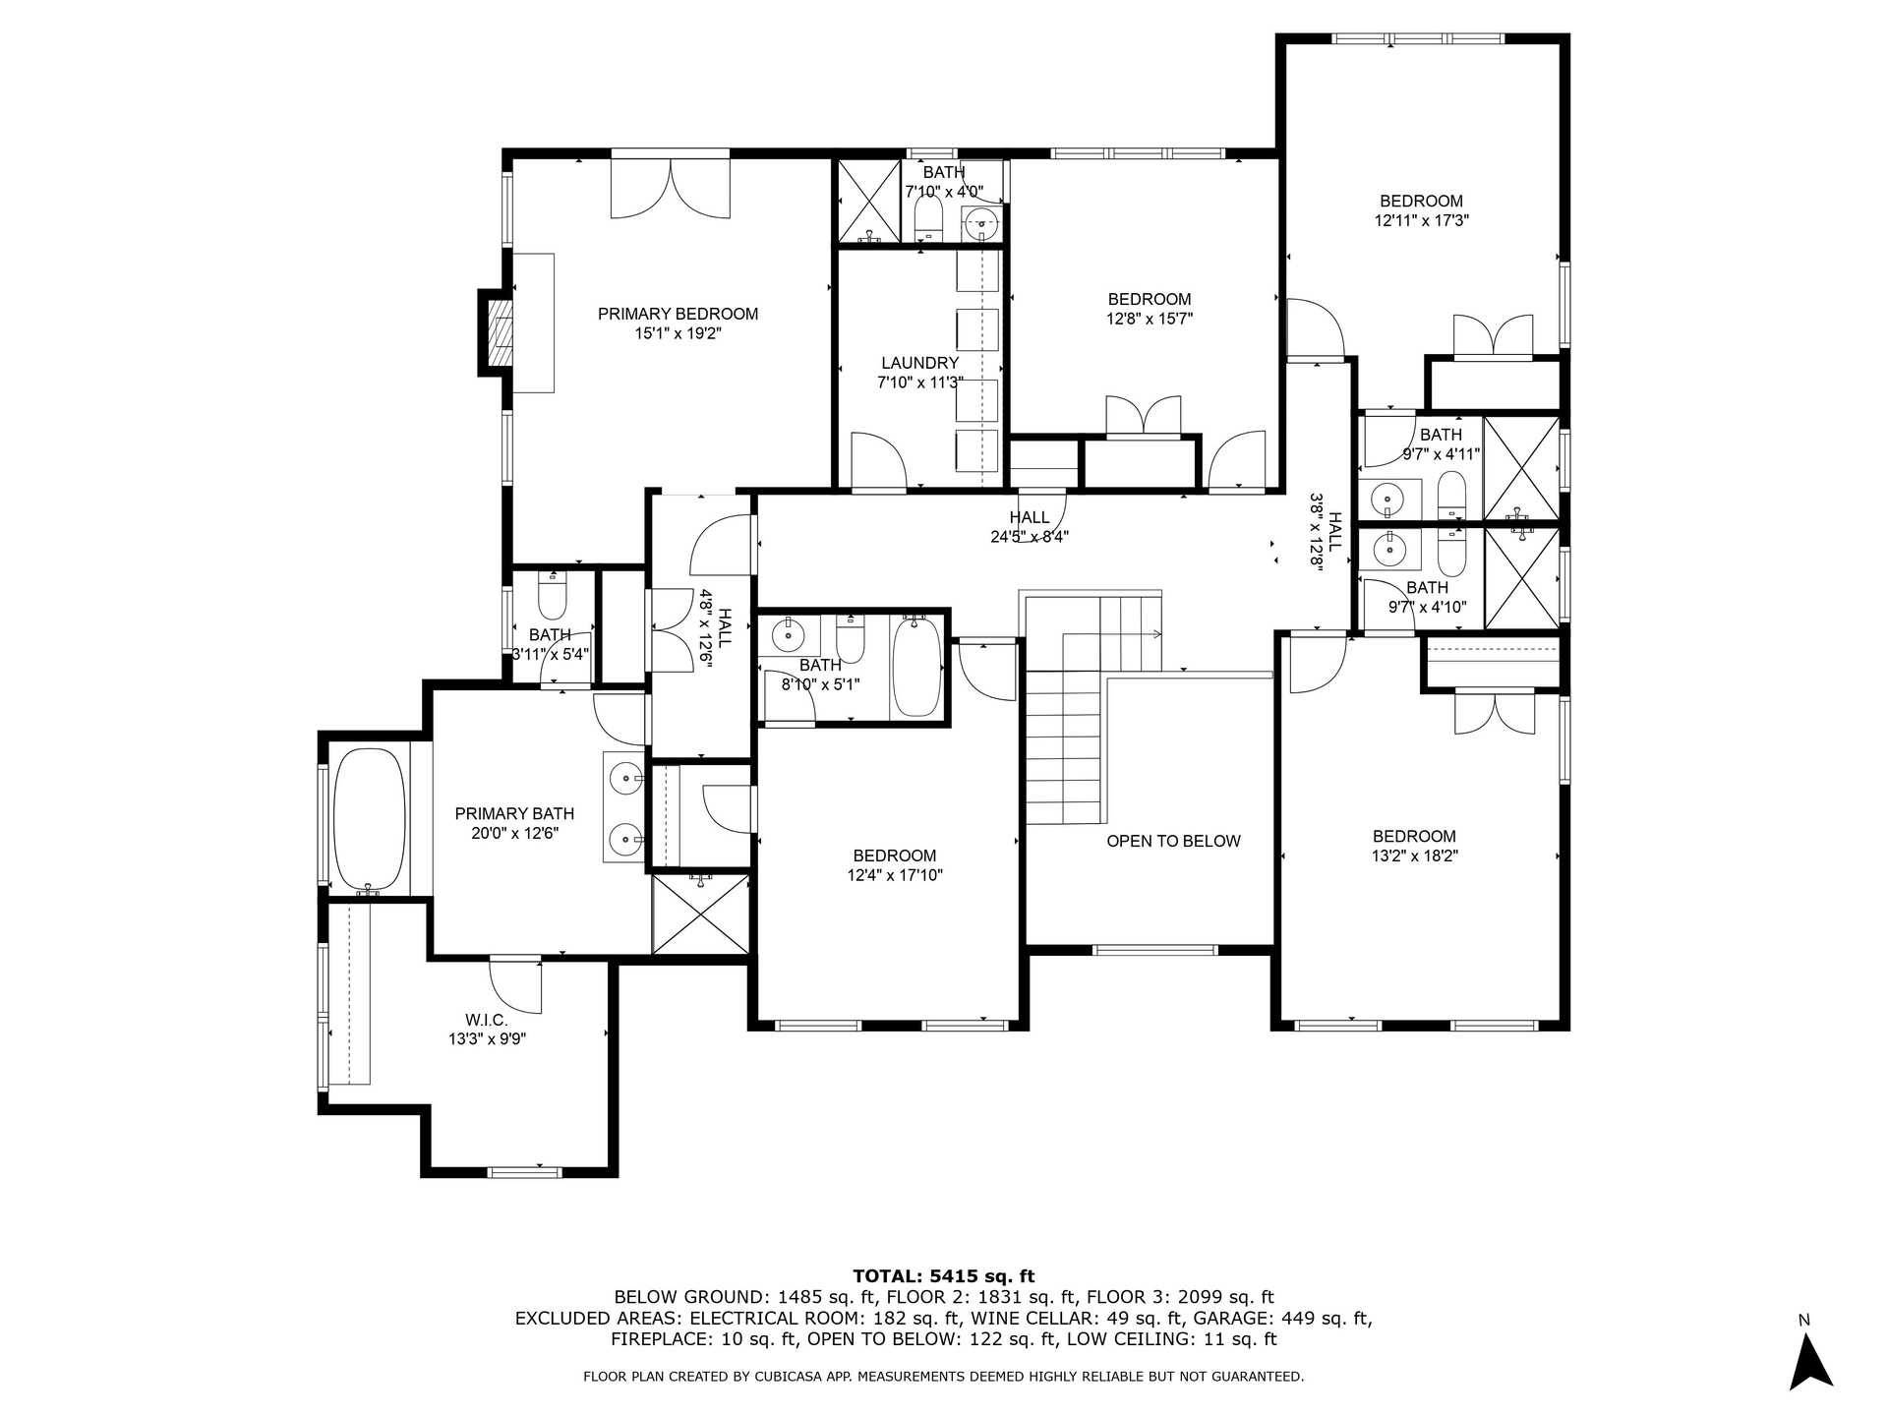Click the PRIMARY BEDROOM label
click(678, 315)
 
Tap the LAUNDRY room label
click(919, 364)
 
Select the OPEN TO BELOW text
click(1173, 841)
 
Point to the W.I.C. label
click(487, 1021)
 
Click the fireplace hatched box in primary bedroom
click(502, 332)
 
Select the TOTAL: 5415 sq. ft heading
click(943, 1276)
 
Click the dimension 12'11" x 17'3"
click(1421, 221)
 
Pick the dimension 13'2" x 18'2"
click(1415, 855)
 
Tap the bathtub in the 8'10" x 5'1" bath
click(915, 666)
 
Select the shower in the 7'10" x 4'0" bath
click(869, 202)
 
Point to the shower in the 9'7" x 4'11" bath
click(1521, 467)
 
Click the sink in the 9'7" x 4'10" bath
click(1389, 551)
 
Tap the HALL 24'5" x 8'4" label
click(1030, 527)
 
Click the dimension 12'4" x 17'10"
click(895, 875)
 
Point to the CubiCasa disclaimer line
click(943, 1377)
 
